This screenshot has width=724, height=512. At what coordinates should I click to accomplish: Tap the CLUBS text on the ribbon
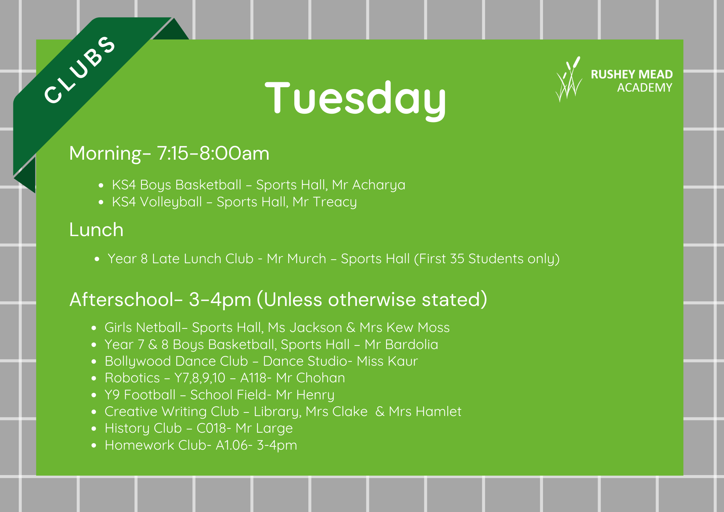[x=80, y=70]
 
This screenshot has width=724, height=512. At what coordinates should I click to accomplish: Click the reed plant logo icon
[x=569, y=79]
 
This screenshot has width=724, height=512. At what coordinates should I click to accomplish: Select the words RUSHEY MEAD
[x=632, y=74]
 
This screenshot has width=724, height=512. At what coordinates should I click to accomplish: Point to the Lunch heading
[x=96, y=230]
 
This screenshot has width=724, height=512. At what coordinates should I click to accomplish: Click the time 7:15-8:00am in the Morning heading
[x=213, y=153]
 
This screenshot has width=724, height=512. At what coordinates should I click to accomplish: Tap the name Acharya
[x=379, y=185]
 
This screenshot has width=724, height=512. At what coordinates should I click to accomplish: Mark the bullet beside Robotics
[x=94, y=378]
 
